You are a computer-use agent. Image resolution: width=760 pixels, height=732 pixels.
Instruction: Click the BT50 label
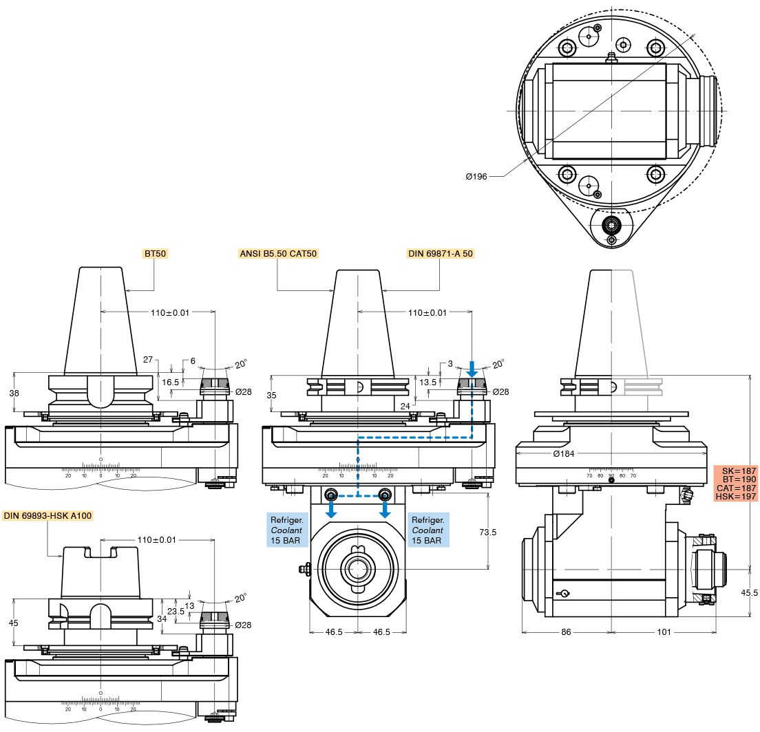tap(156, 254)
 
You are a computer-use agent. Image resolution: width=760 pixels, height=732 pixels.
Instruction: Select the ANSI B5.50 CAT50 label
tap(278, 254)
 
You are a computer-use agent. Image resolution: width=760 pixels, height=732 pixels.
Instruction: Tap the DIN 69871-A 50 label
tap(441, 254)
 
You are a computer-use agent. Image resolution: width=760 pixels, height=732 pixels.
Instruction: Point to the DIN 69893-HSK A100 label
tap(47, 515)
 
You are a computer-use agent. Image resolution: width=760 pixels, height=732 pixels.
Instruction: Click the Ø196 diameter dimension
tap(476, 177)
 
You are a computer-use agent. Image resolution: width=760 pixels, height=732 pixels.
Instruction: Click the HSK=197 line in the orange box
tap(736, 497)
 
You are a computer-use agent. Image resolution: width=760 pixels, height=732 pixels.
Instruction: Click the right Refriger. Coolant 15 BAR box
tap(429, 530)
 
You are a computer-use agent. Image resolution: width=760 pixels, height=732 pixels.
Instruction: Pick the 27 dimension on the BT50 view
tap(148, 360)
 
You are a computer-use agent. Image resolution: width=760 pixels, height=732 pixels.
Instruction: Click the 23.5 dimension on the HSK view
tap(176, 611)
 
